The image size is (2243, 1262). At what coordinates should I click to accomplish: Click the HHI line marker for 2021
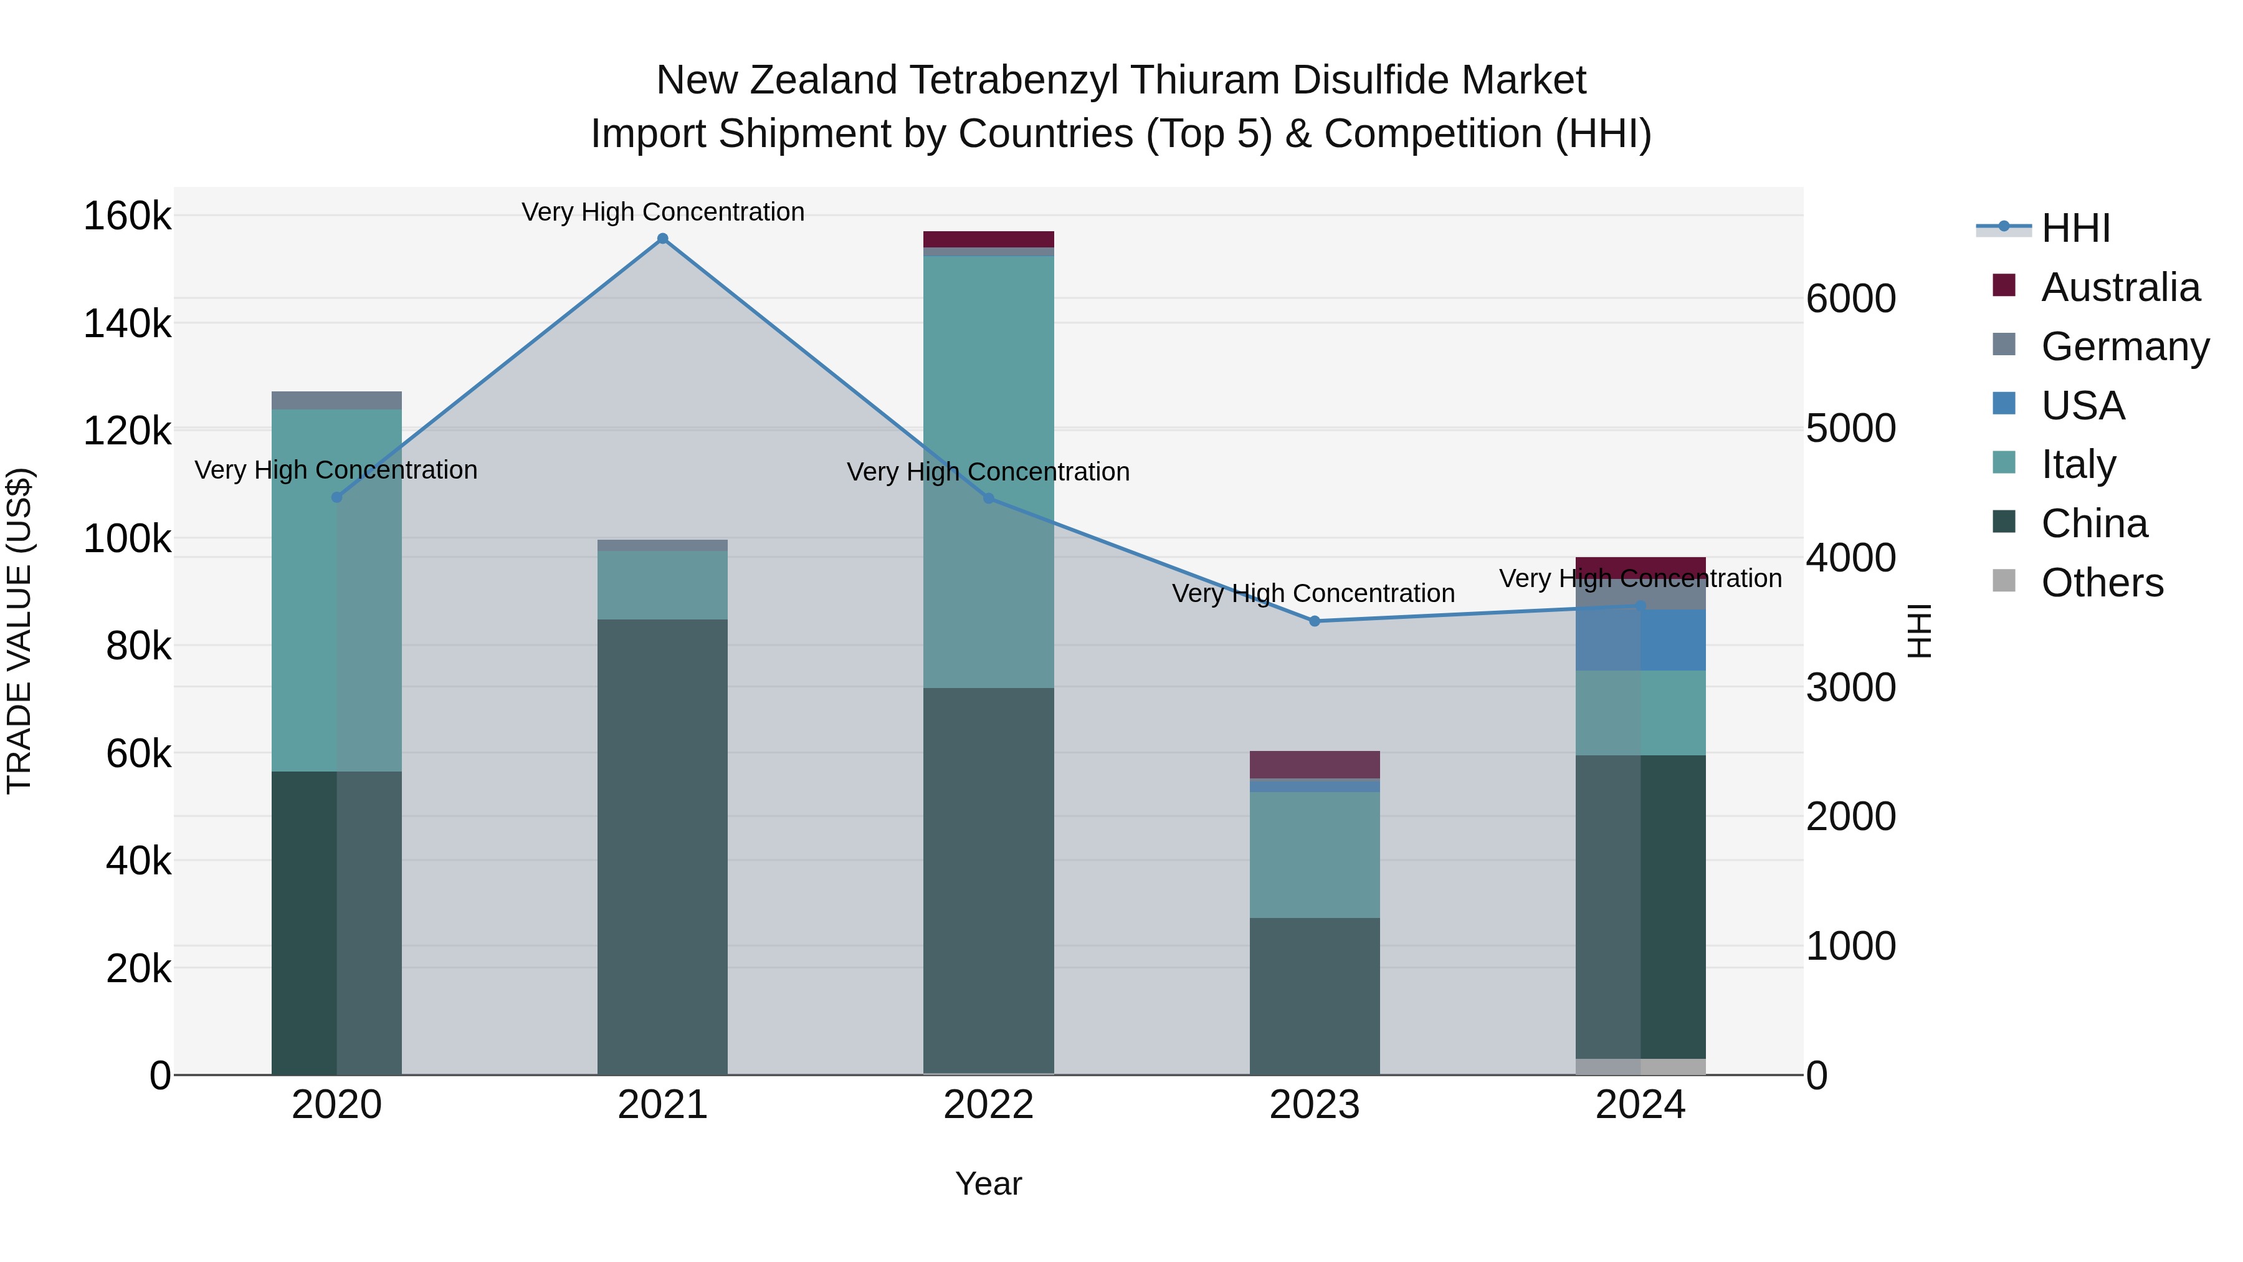(663, 239)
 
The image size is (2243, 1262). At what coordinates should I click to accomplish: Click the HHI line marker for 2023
(1315, 621)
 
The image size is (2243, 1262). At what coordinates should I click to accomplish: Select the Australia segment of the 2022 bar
(988, 239)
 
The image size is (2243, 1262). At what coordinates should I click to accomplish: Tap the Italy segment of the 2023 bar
(1315, 854)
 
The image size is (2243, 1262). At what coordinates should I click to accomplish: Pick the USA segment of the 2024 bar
(1641, 640)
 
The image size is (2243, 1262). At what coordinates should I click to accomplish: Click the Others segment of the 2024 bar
(1641, 1066)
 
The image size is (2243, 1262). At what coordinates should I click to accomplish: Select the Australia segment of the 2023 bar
(1315, 765)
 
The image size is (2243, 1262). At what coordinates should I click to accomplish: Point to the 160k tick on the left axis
(127, 216)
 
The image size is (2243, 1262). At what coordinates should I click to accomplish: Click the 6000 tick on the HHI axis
(1851, 299)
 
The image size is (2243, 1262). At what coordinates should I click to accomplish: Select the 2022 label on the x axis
(988, 1105)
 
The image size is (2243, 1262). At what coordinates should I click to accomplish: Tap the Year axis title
(988, 1183)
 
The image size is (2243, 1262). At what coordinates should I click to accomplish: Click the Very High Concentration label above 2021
(663, 212)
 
